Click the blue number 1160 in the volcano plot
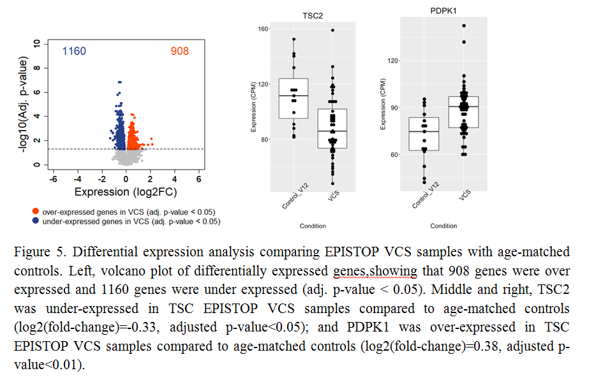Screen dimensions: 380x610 point(74,51)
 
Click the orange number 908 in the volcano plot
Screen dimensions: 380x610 point(179,51)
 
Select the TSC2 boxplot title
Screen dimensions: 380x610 point(313,15)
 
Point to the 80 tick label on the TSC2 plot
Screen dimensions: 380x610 point(265,139)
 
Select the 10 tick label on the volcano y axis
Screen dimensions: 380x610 point(38,43)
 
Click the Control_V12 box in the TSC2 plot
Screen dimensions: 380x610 point(294,98)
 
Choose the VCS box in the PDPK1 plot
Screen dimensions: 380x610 point(463,112)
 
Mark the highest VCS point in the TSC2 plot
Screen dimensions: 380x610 point(332,30)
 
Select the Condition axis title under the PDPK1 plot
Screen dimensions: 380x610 point(443,226)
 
